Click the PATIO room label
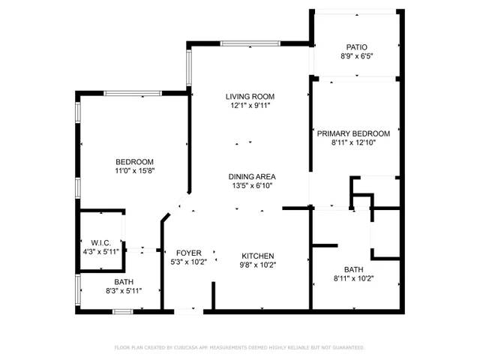356,46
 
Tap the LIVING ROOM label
250,97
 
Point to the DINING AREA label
250,176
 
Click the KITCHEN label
257,256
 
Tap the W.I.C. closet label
100,242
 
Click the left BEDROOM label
134,162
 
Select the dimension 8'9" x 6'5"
356,55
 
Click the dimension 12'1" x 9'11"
250,106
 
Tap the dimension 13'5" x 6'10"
250,185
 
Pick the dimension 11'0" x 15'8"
134,171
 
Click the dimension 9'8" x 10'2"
257,265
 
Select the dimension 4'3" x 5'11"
100,251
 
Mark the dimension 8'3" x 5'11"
124,290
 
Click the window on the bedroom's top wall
132,93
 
